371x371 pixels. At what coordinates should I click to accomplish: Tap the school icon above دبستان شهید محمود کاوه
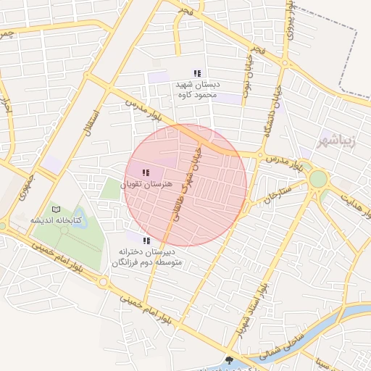click(x=197, y=72)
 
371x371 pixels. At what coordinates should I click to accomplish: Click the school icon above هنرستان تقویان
click(x=146, y=172)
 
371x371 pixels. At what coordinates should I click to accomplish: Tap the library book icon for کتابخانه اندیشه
click(x=57, y=209)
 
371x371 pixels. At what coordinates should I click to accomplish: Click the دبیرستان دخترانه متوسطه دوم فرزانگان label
click(x=147, y=257)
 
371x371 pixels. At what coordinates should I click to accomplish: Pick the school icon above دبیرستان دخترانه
click(x=146, y=240)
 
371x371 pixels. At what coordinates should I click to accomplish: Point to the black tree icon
click(x=230, y=359)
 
